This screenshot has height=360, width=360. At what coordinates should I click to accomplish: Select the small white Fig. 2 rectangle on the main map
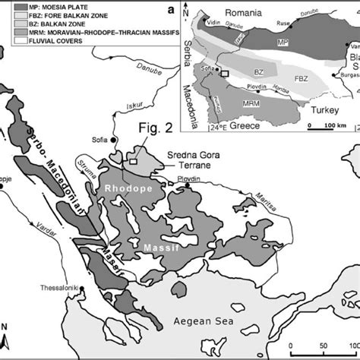click(x=134, y=161)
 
